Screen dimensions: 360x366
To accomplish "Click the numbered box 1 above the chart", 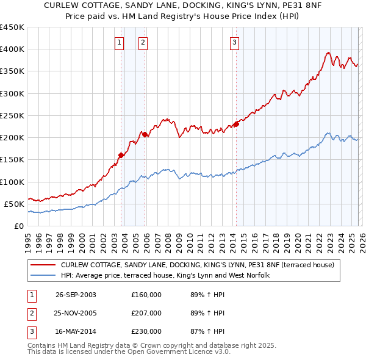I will coord(118,42).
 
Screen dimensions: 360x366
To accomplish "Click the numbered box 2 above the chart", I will coord(142,42).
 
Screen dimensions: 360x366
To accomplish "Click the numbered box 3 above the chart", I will coord(234,42).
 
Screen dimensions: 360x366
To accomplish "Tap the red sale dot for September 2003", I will coord(121,155).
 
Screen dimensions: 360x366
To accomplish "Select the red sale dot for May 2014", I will coord(236,124).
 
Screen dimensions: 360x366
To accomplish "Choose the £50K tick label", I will coord(15,204).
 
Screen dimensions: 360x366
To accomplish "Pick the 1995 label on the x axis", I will coord(28,240).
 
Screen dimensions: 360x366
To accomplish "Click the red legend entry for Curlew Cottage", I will coord(197,265).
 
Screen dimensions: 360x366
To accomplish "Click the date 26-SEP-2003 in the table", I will coord(76,295).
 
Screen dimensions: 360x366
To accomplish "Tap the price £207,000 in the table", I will coord(146,313).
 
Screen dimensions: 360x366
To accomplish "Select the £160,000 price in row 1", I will coord(146,295).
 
